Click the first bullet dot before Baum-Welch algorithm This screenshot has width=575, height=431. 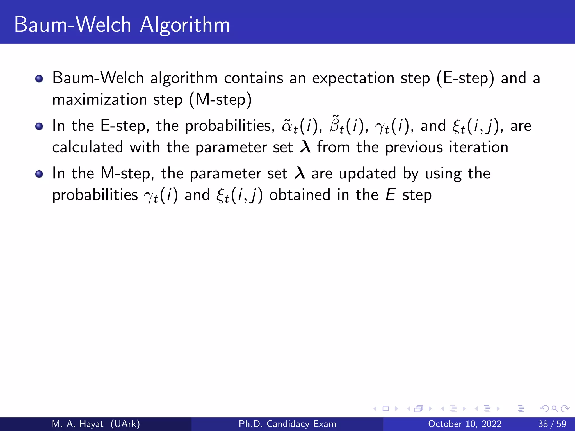[39, 79]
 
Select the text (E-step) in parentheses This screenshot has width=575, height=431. [465, 78]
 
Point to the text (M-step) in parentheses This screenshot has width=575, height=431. [220, 100]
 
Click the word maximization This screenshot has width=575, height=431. [99, 100]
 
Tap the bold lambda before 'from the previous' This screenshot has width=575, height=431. [305, 147]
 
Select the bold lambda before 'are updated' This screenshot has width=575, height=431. [300, 173]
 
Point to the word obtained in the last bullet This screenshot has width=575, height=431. [300, 195]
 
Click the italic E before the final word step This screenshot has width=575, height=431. [391, 195]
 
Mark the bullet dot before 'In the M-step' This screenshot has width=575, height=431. [39, 174]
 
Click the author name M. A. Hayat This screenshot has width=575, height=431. [77, 424]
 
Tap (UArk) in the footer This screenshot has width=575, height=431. [125, 424]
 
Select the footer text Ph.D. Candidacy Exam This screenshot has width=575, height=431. [287, 424]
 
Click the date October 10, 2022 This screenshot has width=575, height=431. [465, 424]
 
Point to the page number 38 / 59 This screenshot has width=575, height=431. [552, 424]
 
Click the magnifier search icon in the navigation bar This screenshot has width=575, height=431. [555, 409]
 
